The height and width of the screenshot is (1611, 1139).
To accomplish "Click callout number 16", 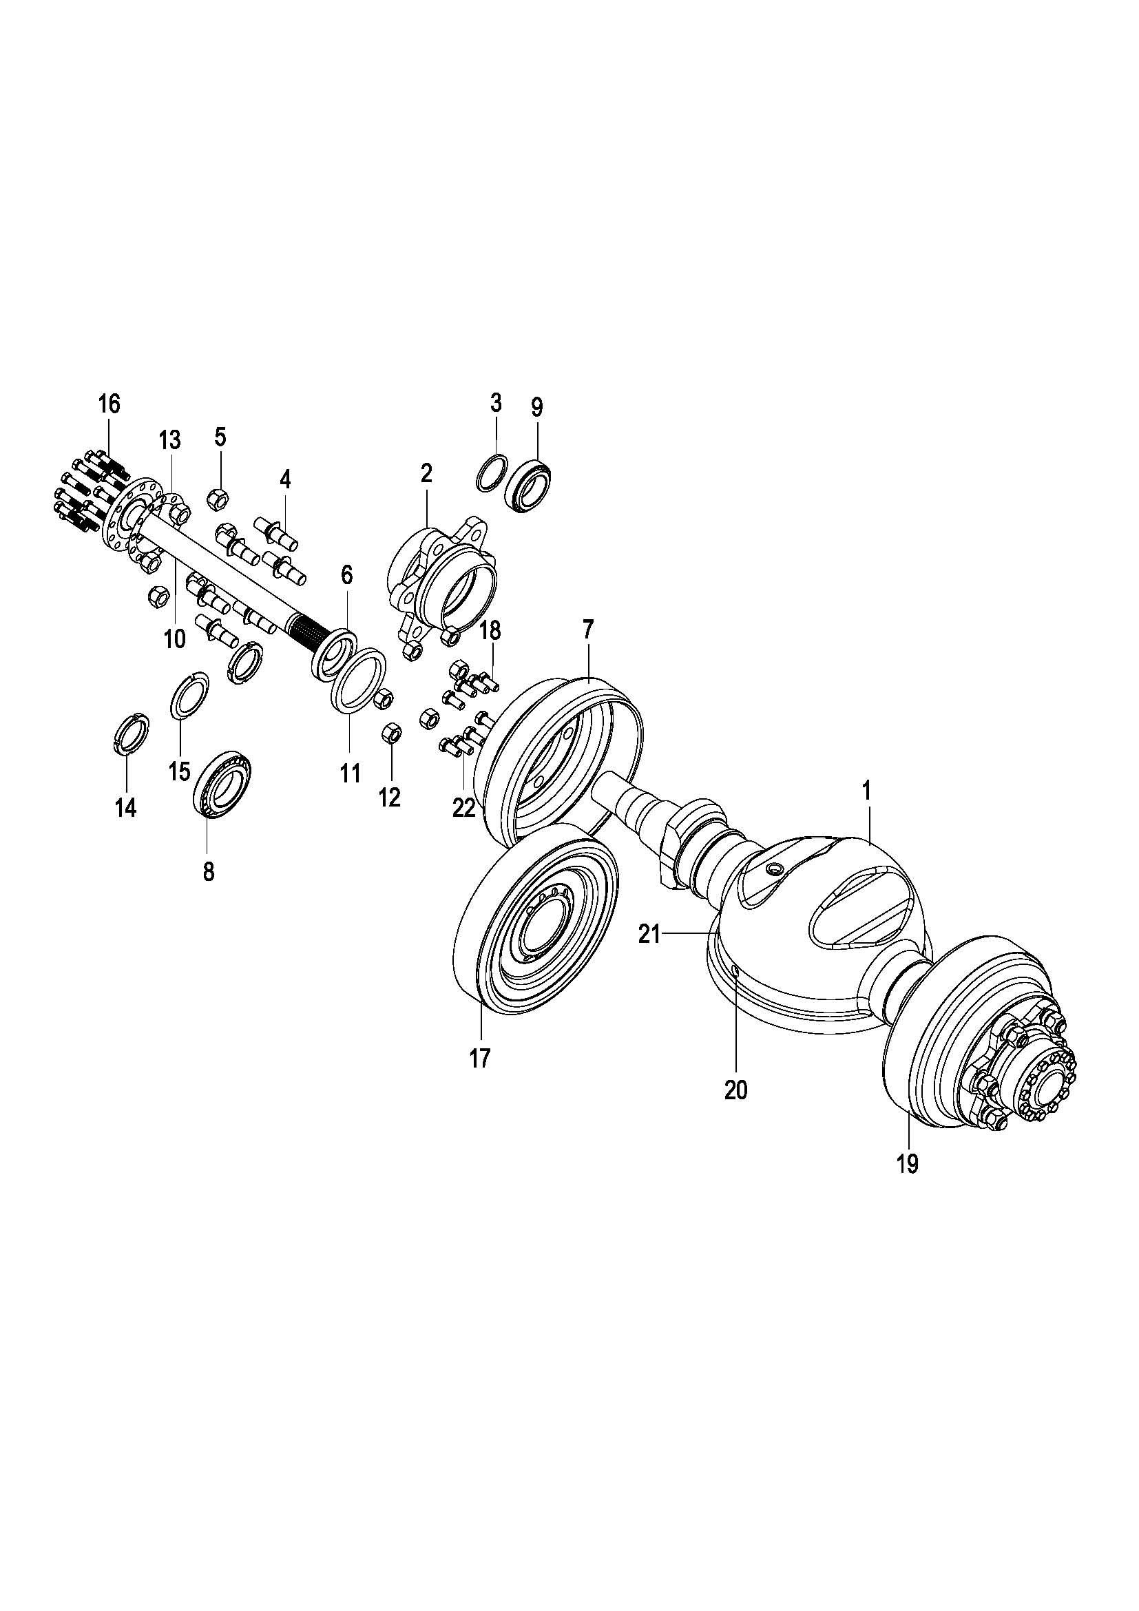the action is click(109, 404).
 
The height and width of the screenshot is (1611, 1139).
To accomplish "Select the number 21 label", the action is click(649, 935).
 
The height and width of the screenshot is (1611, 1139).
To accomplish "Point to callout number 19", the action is click(906, 1164).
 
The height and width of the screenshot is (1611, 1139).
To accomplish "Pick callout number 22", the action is click(463, 809).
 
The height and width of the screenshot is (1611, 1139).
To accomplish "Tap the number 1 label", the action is click(866, 792).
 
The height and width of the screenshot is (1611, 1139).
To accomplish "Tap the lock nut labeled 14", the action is click(131, 734).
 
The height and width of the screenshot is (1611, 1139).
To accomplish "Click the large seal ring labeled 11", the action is click(358, 681).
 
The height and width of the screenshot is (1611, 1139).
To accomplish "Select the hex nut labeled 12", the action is click(391, 735).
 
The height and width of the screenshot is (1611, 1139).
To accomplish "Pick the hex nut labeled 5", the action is click(216, 499).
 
